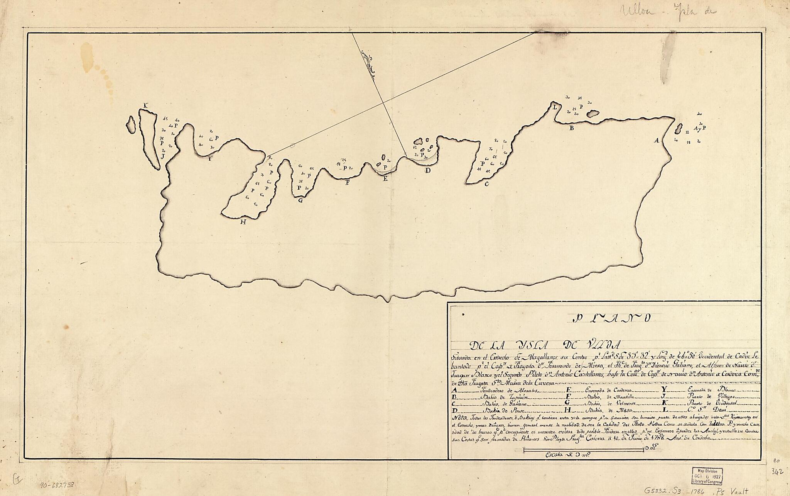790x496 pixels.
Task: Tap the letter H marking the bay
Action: tap(243, 222)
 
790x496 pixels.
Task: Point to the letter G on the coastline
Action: tap(300, 200)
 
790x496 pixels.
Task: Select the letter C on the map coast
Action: tap(486, 184)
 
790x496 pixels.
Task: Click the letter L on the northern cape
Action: tap(555, 107)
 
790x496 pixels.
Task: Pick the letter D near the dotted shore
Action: tap(427, 170)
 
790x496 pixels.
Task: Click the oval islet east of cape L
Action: tap(592, 114)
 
